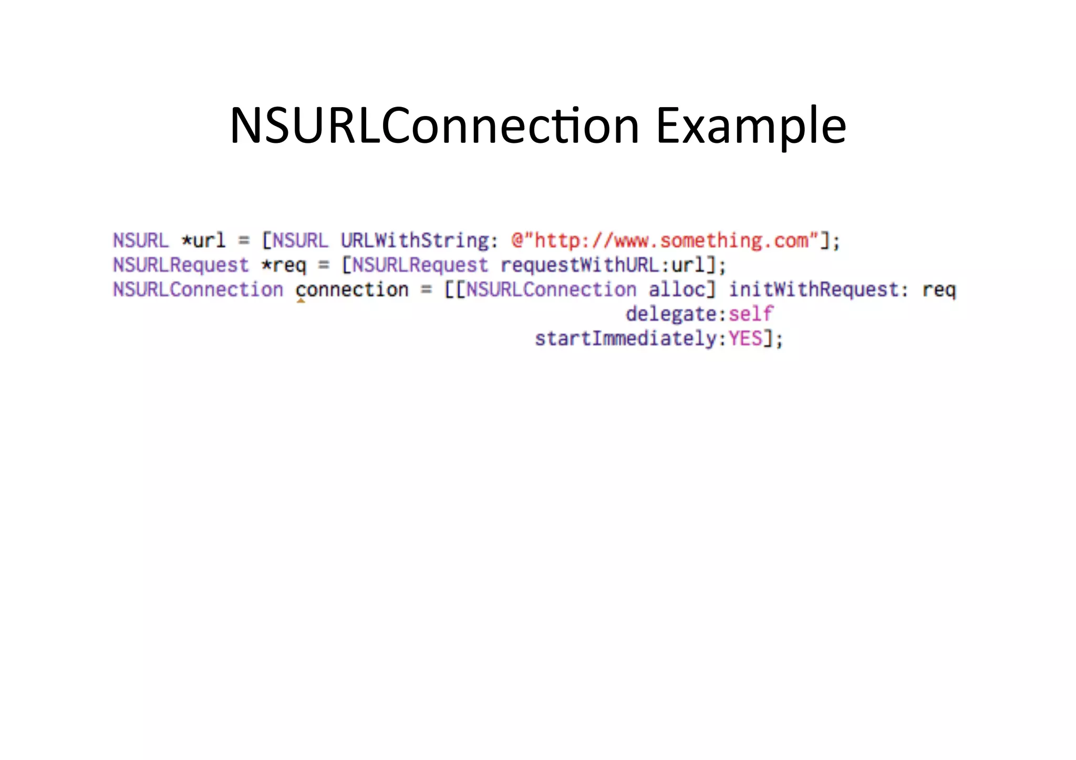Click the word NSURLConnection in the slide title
pyautogui.click(x=434, y=126)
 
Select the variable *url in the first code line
pyautogui.click(x=203, y=241)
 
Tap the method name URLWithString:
pyautogui.click(x=419, y=241)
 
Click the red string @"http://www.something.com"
pyautogui.click(x=665, y=241)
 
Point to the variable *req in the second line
pyautogui.click(x=284, y=265)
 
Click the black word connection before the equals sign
pyautogui.click(x=351, y=290)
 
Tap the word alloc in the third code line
pyautogui.click(x=677, y=290)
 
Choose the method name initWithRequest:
pyautogui.click(x=818, y=290)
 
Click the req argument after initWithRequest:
pyautogui.click(x=939, y=290)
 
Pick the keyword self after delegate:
pyautogui.click(x=751, y=314)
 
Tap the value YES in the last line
pyautogui.click(x=745, y=339)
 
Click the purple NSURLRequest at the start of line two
pyautogui.click(x=181, y=265)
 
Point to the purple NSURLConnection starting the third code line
pyautogui.click(x=198, y=290)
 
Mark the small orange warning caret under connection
pyautogui.click(x=301, y=301)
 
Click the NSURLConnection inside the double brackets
pyautogui.click(x=551, y=290)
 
